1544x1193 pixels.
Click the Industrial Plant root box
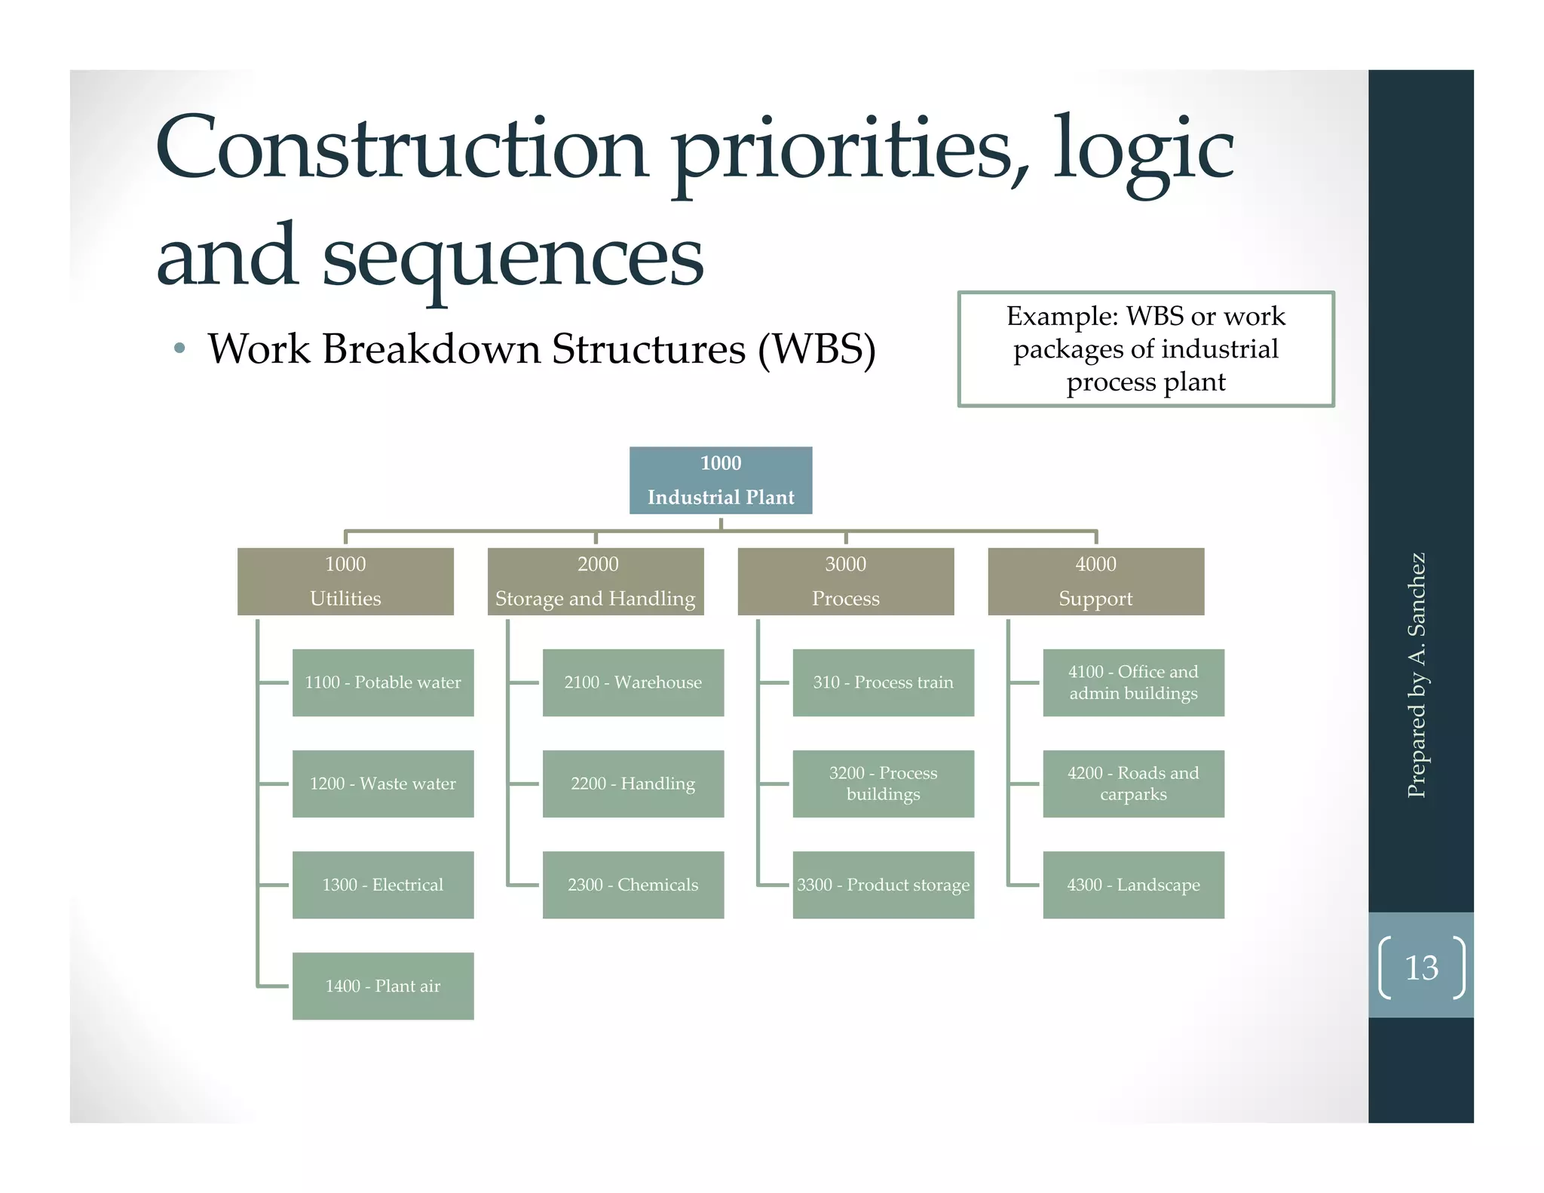click(721, 480)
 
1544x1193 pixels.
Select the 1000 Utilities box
click(345, 581)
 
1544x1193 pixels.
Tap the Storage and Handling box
click(596, 581)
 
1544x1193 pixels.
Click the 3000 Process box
click(845, 581)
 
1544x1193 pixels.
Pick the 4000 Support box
click(1095, 581)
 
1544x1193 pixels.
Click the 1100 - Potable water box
click(383, 682)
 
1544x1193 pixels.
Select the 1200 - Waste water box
click(383, 784)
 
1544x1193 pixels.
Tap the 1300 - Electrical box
click(383, 885)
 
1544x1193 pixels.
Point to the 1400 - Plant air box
click(383, 986)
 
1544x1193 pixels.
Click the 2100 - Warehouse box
click(633, 682)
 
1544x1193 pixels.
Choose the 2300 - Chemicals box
click(633, 885)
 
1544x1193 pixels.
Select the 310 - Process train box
click(883, 682)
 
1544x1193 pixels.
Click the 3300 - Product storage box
click(883, 885)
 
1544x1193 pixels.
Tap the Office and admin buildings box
click(1133, 682)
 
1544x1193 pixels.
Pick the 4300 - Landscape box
click(1133, 885)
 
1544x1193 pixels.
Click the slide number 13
click(1421, 968)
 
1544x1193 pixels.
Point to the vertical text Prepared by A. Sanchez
click(1417, 675)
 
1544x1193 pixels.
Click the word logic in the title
click(1142, 151)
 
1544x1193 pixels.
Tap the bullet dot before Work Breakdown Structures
click(179, 348)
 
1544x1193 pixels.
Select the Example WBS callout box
click(1145, 349)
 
